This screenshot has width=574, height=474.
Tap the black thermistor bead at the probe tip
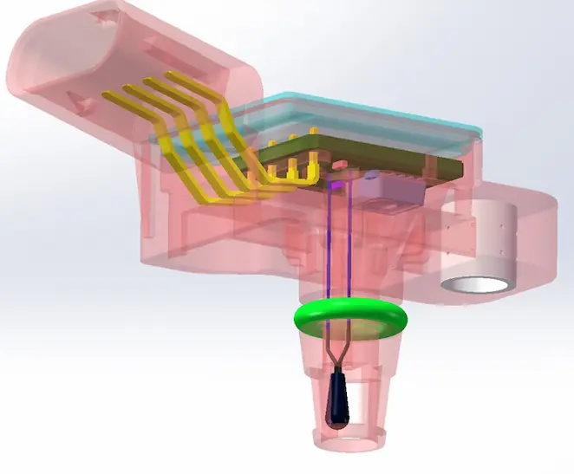336,404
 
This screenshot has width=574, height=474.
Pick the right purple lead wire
348,251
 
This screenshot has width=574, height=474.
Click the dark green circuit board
390,156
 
